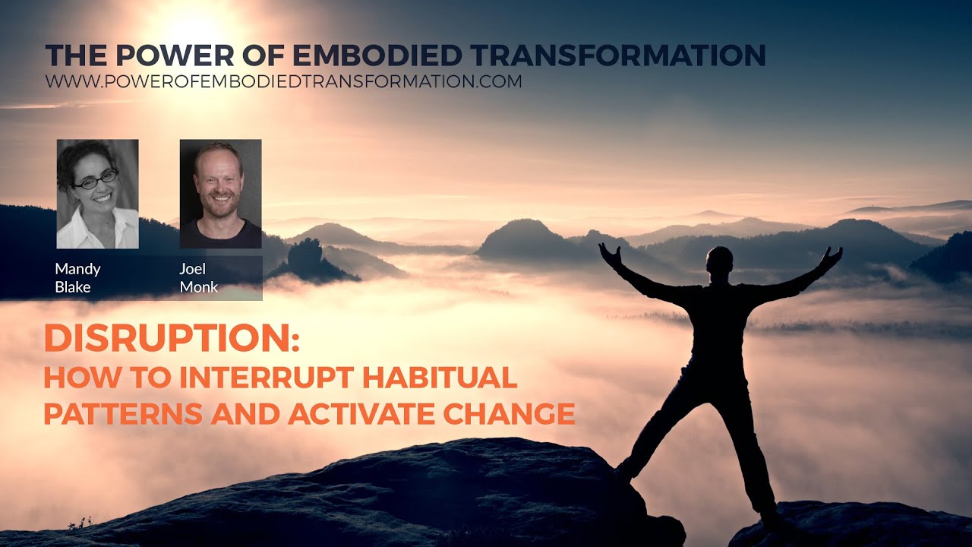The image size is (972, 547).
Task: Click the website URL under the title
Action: coord(283,81)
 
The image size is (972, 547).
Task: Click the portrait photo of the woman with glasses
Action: coord(97,194)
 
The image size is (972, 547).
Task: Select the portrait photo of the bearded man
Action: coord(220,194)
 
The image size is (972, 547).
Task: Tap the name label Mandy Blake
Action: coord(77,278)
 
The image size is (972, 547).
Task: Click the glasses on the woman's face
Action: coord(96,179)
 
